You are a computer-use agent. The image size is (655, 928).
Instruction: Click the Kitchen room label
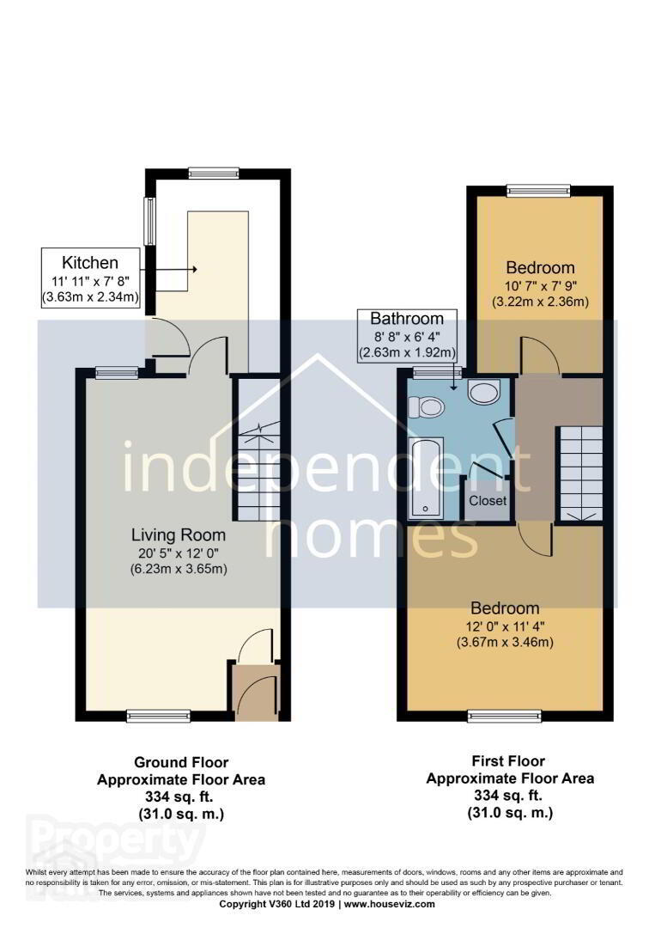(x=90, y=262)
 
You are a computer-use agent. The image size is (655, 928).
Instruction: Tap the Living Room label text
(x=179, y=535)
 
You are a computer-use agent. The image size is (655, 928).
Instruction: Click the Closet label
(x=488, y=501)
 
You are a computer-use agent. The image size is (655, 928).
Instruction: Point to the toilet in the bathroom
(x=426, y=406)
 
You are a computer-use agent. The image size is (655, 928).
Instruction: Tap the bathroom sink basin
(x=484, y=391)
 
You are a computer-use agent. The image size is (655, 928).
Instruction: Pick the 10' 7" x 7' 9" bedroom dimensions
(x=540, y=286)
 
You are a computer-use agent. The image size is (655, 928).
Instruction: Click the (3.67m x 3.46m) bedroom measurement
(x=506, y=642)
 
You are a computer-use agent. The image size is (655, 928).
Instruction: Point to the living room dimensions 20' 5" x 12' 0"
(x=179, y=553)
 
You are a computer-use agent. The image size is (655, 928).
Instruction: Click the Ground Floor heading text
(x=181, y=762)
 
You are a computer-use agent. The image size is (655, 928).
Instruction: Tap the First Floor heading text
(x=509, y=761)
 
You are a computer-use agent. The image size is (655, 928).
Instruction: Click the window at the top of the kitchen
(x=214, y=173)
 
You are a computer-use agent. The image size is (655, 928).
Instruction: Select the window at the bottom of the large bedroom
(x=504, y=716)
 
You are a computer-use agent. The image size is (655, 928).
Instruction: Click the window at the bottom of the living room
(x=159, y=716)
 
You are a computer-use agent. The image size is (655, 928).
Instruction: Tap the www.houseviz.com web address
(x=390, y=904)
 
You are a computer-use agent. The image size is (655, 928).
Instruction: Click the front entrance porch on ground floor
(x=255, y=691)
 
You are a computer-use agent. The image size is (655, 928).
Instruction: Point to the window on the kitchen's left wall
(x=151, y=221)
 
